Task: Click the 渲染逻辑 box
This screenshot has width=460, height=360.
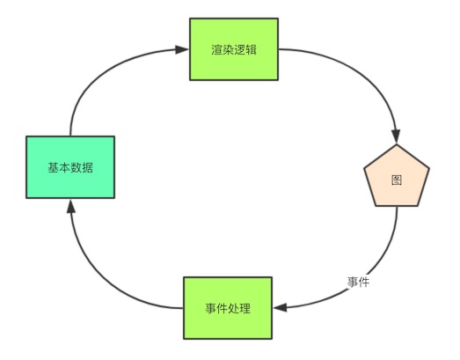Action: pos(234,49)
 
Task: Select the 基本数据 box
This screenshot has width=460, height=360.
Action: pos(70,167)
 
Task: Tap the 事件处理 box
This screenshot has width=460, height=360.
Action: pos(228,308)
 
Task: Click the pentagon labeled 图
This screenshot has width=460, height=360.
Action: pos(397,176)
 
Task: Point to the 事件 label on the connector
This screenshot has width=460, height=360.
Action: pos(358,283)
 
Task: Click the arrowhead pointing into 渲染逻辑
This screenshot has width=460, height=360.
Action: pos(182,49)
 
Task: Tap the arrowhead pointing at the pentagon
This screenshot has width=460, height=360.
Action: pos(397,136)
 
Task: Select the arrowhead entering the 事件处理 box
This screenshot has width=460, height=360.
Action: pos(281,308)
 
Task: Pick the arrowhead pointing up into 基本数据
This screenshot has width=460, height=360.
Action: pos(70,206)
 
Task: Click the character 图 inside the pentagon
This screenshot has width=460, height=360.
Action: pos(397,180)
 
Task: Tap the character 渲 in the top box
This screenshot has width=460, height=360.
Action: pos(216,49)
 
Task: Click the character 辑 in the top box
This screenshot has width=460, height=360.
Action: pos(252,49)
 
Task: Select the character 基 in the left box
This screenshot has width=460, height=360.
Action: pos(54,167)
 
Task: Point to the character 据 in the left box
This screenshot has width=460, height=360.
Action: pos(88,167)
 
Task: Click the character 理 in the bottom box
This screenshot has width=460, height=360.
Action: pos(245,308)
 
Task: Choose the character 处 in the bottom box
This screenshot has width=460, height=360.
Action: pos(234,308)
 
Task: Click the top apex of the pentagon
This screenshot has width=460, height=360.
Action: pos(397,144)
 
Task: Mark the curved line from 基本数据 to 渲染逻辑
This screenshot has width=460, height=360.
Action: pos(97,73)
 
